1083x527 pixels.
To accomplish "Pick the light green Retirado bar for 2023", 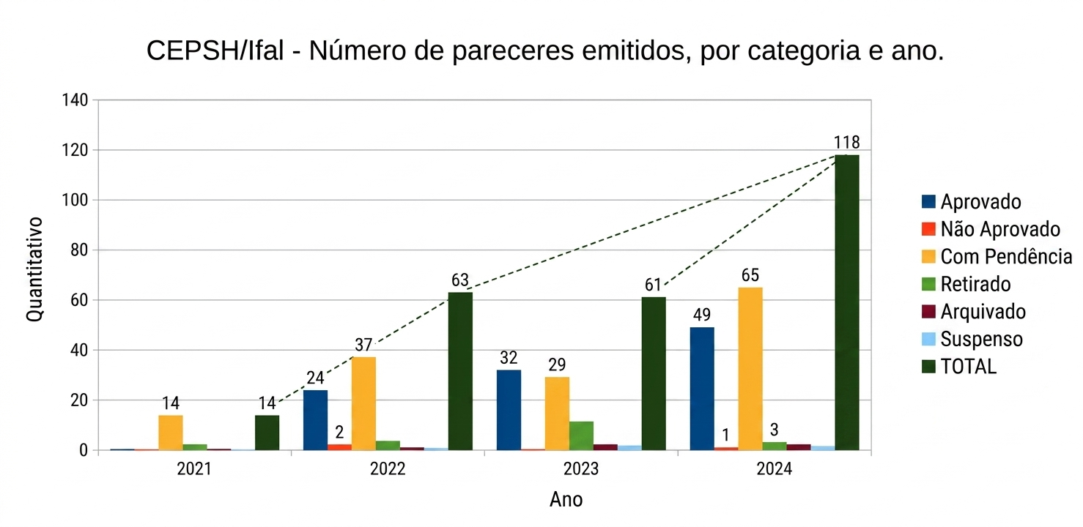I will (x=581, y=436).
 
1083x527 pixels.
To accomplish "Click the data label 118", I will (x=846, y=142).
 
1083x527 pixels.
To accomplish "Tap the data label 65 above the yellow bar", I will (x=750, y=276).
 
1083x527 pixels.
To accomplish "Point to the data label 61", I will (x=654, y=285).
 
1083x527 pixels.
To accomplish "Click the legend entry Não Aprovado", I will (x=999, y=229).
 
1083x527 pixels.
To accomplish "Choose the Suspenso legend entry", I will (x=981, y=339).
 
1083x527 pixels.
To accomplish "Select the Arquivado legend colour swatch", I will (x=928, y=311).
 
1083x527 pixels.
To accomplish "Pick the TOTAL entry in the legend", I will (x=968, y=367).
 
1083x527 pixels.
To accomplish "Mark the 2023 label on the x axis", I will (x=581, y=469).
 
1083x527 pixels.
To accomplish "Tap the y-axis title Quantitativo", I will (x=34, y=269).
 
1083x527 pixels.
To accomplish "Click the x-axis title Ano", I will (x=566, y=500).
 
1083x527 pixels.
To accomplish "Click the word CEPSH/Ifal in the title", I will (x=214, y=52).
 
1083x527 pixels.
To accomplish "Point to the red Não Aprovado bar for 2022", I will (x=339, y=446).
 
